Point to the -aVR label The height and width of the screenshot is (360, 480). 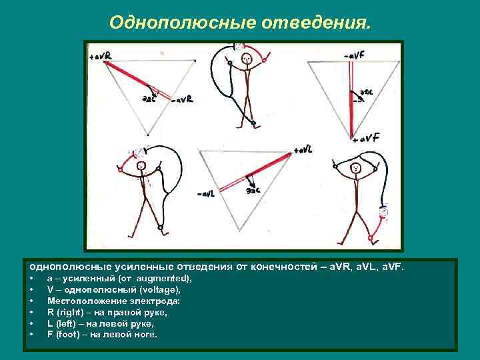pos(181,100)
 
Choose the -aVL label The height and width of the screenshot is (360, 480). pos(206,194)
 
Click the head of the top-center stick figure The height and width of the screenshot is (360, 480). pos(247,59)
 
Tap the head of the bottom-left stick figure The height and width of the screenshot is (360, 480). pos(141,166)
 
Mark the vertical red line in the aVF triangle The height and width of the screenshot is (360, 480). pos(351,100)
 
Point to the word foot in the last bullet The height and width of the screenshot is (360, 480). pos(68,334)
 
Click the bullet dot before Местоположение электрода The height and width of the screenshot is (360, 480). pos(31,301)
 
